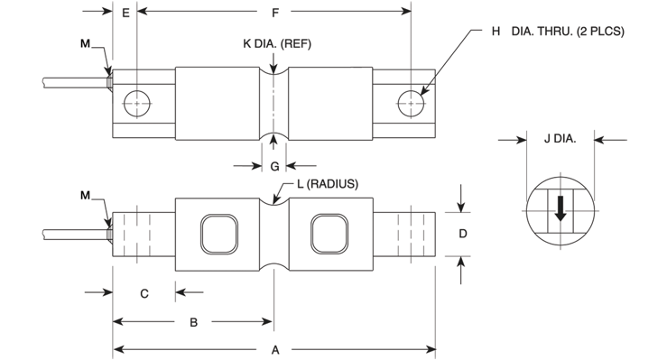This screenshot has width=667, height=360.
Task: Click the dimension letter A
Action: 275,350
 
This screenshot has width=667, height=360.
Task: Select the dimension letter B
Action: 193,322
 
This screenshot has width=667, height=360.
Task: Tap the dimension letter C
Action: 144,294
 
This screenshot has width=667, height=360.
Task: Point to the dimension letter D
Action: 463,234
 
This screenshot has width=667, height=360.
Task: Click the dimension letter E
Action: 125,14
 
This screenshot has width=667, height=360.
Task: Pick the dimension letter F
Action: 275,14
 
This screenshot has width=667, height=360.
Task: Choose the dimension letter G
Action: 274,166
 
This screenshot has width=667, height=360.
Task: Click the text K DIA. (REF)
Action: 277,44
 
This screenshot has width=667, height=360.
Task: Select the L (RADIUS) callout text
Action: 328,184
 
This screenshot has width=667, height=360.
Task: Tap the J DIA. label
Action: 560,139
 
